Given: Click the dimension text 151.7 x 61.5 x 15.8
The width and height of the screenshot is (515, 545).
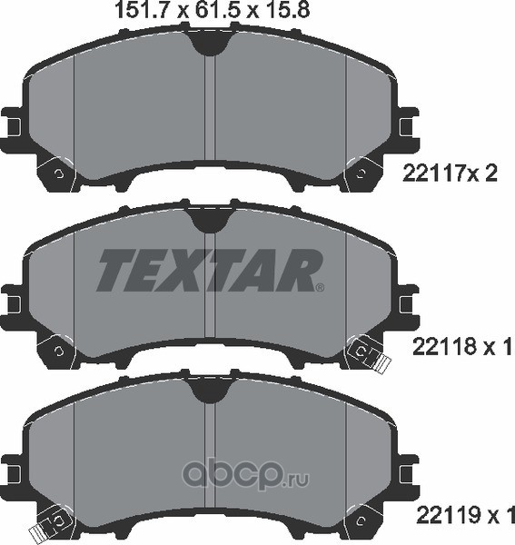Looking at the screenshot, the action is pyautogui.click(x=212, y=10).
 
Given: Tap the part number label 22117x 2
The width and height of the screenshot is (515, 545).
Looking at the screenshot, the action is pyautogui.click(x=450, y=173).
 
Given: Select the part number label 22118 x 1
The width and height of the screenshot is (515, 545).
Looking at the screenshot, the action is pyautogui.click(x=463, y=347).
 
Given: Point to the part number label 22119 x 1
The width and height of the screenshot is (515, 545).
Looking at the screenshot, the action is pyautogui.click(x=465, y=515).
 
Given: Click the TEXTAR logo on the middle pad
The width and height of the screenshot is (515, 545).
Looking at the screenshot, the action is pyautogui.click(x=210, y=270).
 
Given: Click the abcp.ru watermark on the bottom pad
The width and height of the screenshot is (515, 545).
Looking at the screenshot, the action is pyautogui.click(x=245, y=473).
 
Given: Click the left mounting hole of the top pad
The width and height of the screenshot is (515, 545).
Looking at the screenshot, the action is pyautogui.click(x=59, y=173).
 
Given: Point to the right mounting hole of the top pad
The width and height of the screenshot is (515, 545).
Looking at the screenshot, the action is pyautogui.click(x=361, y=173).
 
